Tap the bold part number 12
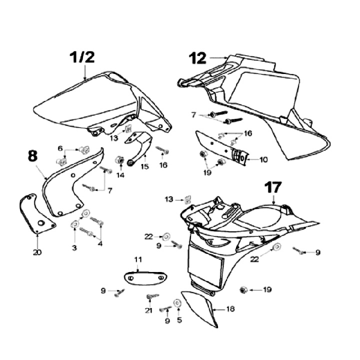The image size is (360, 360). (x=198, y=58)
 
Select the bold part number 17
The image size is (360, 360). (x=273, y=188)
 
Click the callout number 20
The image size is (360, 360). (x=37, y=252)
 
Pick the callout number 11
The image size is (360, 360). (x=138, y=259)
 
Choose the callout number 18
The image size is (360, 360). (x=230, y=309)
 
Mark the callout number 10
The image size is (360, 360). (x=263, y=159)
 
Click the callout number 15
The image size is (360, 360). (x=144, y=166)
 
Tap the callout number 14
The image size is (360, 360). (x=120, y=175)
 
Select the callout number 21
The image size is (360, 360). (x=148, y=310)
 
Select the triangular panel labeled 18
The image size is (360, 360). (x=201, y=308)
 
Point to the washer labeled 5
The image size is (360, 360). (x=177, y=303)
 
